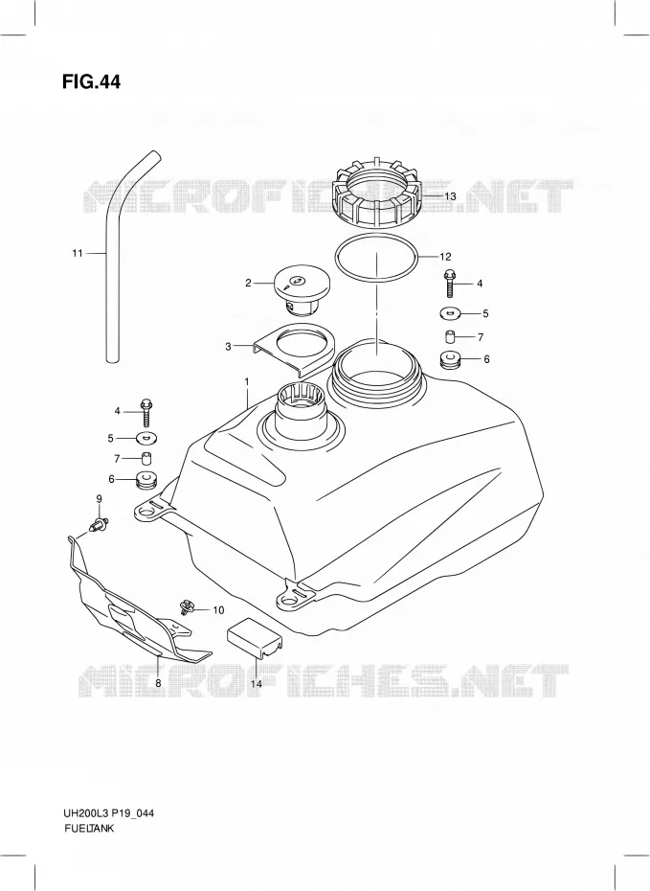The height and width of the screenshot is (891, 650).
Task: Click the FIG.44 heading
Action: tap(91, 81)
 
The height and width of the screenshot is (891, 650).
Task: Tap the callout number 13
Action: tap(450, 196)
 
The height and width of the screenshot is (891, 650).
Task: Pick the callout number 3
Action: tap(228, 346)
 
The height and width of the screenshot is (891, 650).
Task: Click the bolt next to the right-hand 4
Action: tap(450, 283)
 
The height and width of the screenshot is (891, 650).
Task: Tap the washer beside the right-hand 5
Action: tap(450, 312)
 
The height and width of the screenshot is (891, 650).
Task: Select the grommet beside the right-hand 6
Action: tap(450, 359)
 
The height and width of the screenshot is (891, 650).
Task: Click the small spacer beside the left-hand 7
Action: tap(146, 457)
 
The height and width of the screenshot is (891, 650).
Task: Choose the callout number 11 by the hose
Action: tap(78, 253)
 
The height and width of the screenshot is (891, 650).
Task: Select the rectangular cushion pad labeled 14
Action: tap(255, 641)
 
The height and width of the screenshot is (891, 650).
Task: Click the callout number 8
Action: tap(158, 684)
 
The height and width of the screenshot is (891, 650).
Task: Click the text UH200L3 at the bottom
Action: tap(84, 813)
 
